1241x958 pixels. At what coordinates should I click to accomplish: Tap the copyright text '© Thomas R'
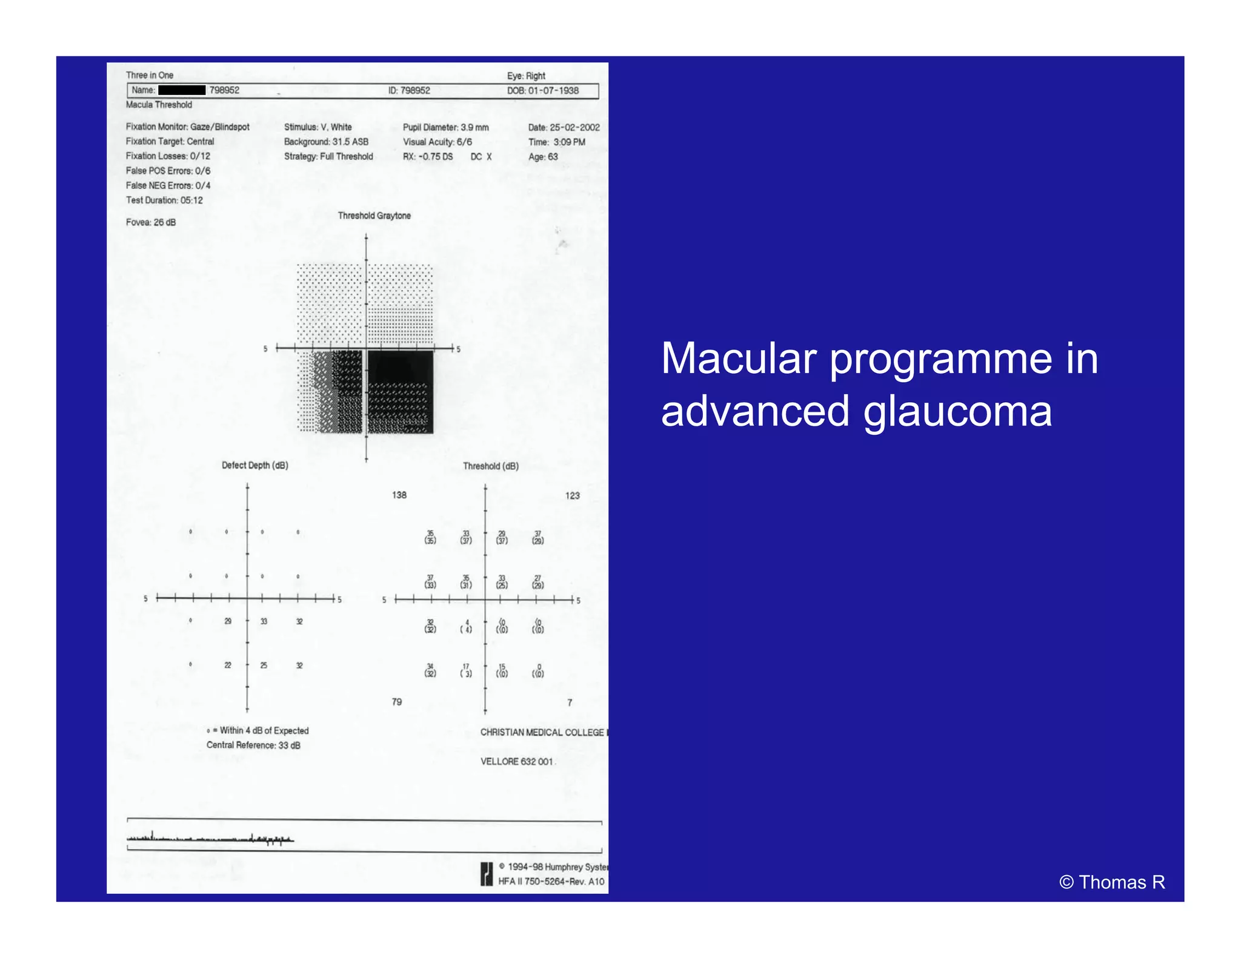point(1112,882)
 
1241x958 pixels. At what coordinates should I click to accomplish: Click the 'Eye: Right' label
point(526,76)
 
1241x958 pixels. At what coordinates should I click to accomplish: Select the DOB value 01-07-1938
point(553,91)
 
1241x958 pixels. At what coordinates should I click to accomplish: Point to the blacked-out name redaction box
point(182,90)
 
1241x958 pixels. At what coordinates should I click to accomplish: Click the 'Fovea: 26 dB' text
point(151,222)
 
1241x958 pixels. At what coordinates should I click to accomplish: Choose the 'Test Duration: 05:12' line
point(164,200)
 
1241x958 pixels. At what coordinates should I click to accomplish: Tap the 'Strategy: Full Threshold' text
point(328,156)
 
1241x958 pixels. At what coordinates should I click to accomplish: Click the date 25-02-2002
point(574,127)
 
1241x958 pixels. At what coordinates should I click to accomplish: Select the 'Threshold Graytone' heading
point(374,216)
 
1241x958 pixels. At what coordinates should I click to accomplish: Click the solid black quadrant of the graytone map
point(400,366)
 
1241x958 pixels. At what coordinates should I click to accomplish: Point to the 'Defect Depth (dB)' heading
point(255,465)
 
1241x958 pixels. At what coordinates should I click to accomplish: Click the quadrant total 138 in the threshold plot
point(399,495)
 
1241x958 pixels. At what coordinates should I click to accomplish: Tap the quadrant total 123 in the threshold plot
point(572,495)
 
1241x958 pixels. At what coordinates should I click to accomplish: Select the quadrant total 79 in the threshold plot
point(396,702)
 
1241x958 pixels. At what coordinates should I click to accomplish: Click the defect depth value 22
point(228,665)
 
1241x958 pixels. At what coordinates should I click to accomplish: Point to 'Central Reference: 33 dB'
point(253,745)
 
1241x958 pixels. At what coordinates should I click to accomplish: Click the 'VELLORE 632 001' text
point(516,761)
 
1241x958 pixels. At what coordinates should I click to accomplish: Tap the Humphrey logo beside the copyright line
point(487,874)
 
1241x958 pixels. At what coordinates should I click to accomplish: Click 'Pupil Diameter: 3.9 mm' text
point(445,127)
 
